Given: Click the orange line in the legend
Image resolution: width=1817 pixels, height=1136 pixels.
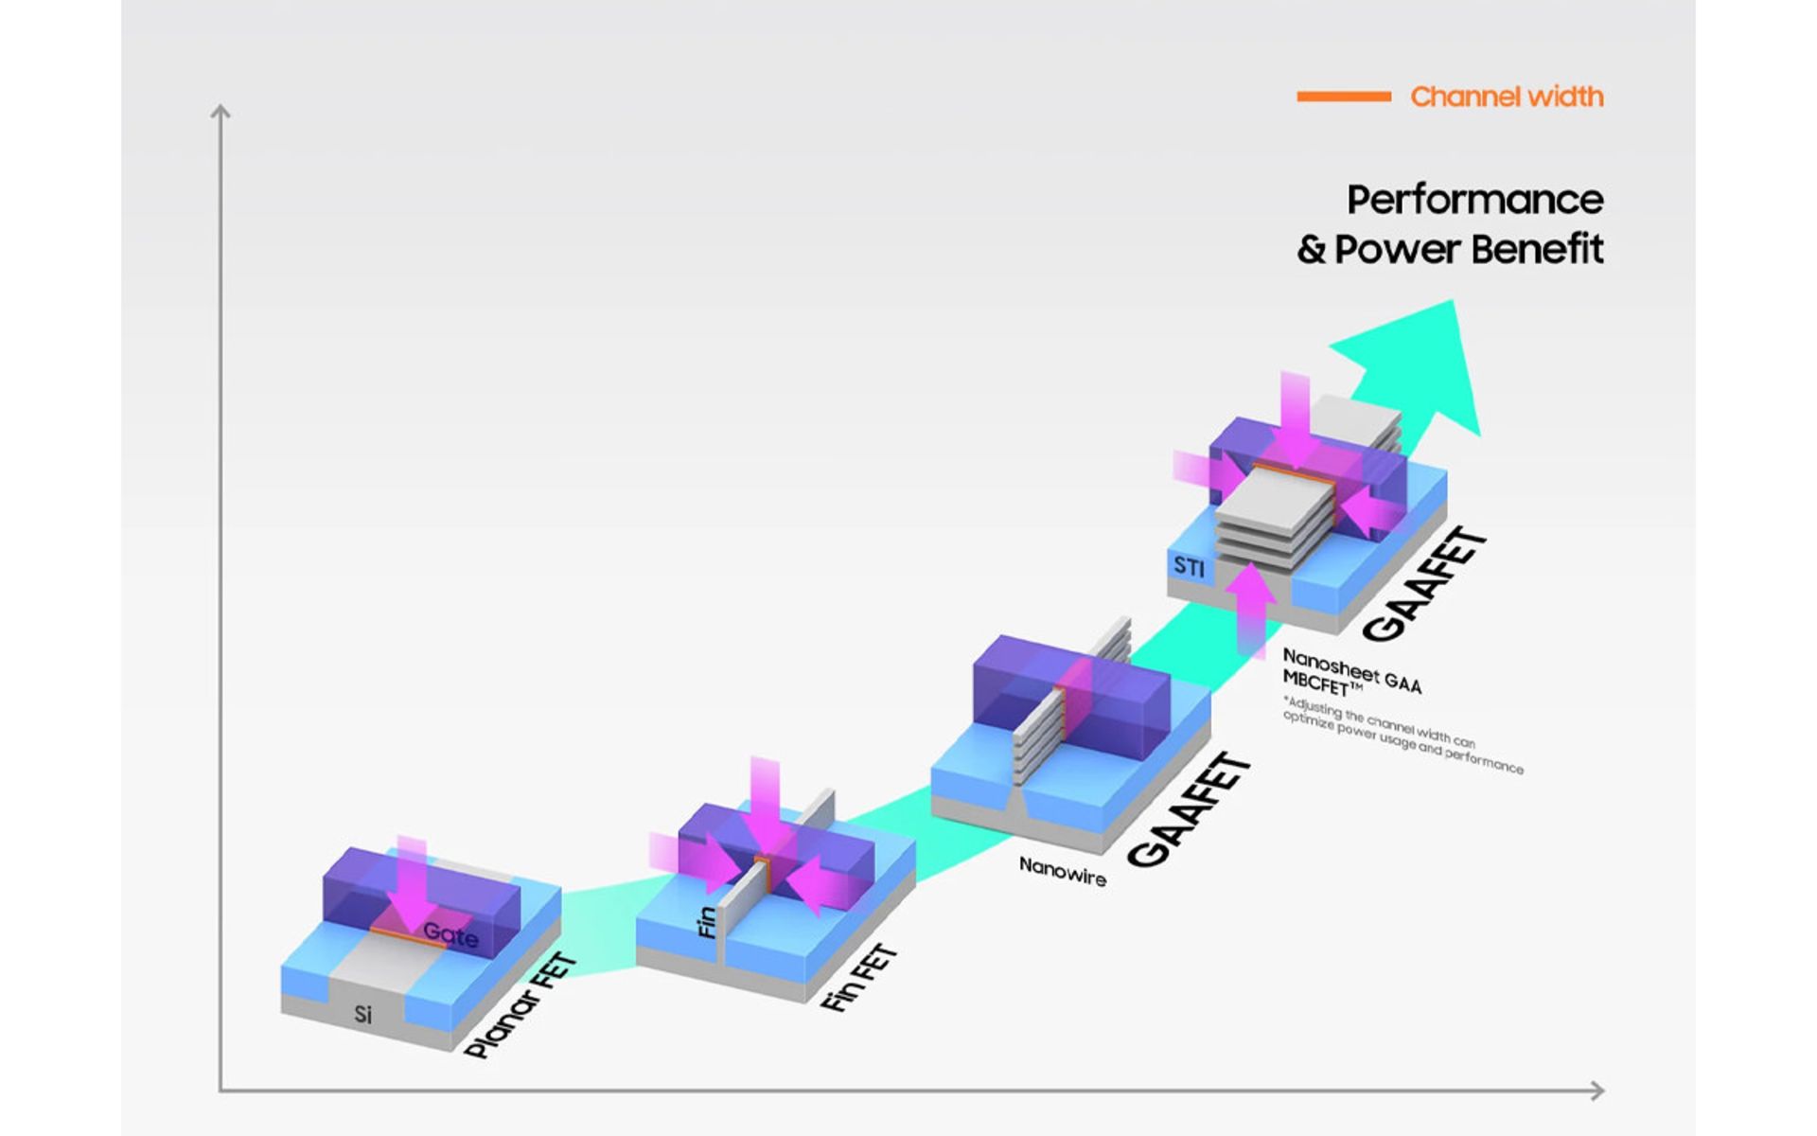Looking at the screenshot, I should tap(1343, 97).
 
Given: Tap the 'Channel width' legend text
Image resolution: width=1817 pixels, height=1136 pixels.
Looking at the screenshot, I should tap(1507, 97).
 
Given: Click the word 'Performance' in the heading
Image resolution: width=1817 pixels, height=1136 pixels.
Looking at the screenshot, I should tap(1474, 200).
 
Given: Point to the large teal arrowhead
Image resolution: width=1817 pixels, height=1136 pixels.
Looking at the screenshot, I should tap(1420, 364).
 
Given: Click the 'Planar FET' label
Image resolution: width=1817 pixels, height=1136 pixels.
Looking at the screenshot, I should tap(520, 1005).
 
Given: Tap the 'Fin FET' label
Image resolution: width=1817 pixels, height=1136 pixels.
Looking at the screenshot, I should tap(858, 977).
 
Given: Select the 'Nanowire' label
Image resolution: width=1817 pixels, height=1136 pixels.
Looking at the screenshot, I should tap(1062, 871).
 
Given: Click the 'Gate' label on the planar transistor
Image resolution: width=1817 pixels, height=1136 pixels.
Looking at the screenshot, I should tap(450, 935).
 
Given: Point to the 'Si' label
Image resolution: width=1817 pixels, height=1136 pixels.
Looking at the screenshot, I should tap(362, 1015).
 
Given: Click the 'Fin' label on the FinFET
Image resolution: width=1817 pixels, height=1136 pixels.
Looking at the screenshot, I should tap(706, 923).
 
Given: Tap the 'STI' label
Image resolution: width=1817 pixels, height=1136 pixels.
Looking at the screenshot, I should tap(1190, 567).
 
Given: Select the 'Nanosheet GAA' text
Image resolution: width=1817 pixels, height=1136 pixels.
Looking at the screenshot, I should tap(1351, 669).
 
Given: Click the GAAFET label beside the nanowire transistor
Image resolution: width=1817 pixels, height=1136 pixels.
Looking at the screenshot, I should tap(1190, 810).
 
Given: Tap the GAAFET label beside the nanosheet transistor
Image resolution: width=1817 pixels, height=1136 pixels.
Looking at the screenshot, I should tap(1425, 585).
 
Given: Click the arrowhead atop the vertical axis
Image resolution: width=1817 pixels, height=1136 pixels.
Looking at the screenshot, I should tap(221, 113).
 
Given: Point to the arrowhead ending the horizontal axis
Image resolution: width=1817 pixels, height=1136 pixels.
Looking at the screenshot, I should tap(1596, 1091).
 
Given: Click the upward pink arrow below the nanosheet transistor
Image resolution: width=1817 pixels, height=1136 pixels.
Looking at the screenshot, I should tap(1251, 606).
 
